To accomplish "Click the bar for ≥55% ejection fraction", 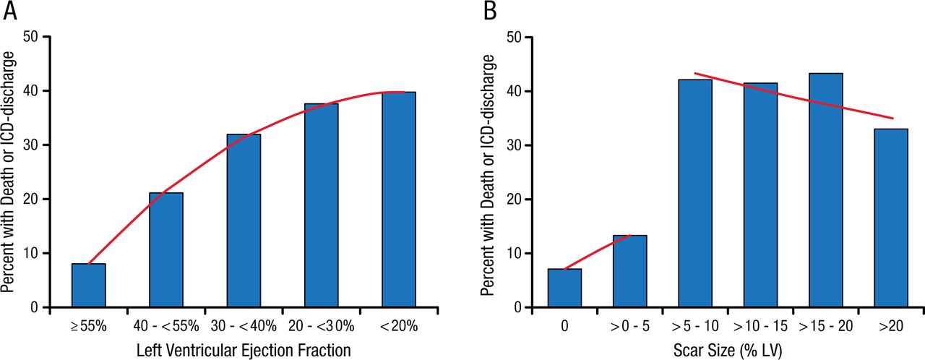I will coord(89,286).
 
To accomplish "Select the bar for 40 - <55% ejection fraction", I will coord(166,250).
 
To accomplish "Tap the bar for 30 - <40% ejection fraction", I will coord(244,220).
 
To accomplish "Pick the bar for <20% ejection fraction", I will coord(399,200).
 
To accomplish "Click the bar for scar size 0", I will coord(564,288).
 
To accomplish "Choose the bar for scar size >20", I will coord(890,218).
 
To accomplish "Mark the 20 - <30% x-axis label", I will coord(322,326).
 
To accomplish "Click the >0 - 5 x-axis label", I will coord(629,326).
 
